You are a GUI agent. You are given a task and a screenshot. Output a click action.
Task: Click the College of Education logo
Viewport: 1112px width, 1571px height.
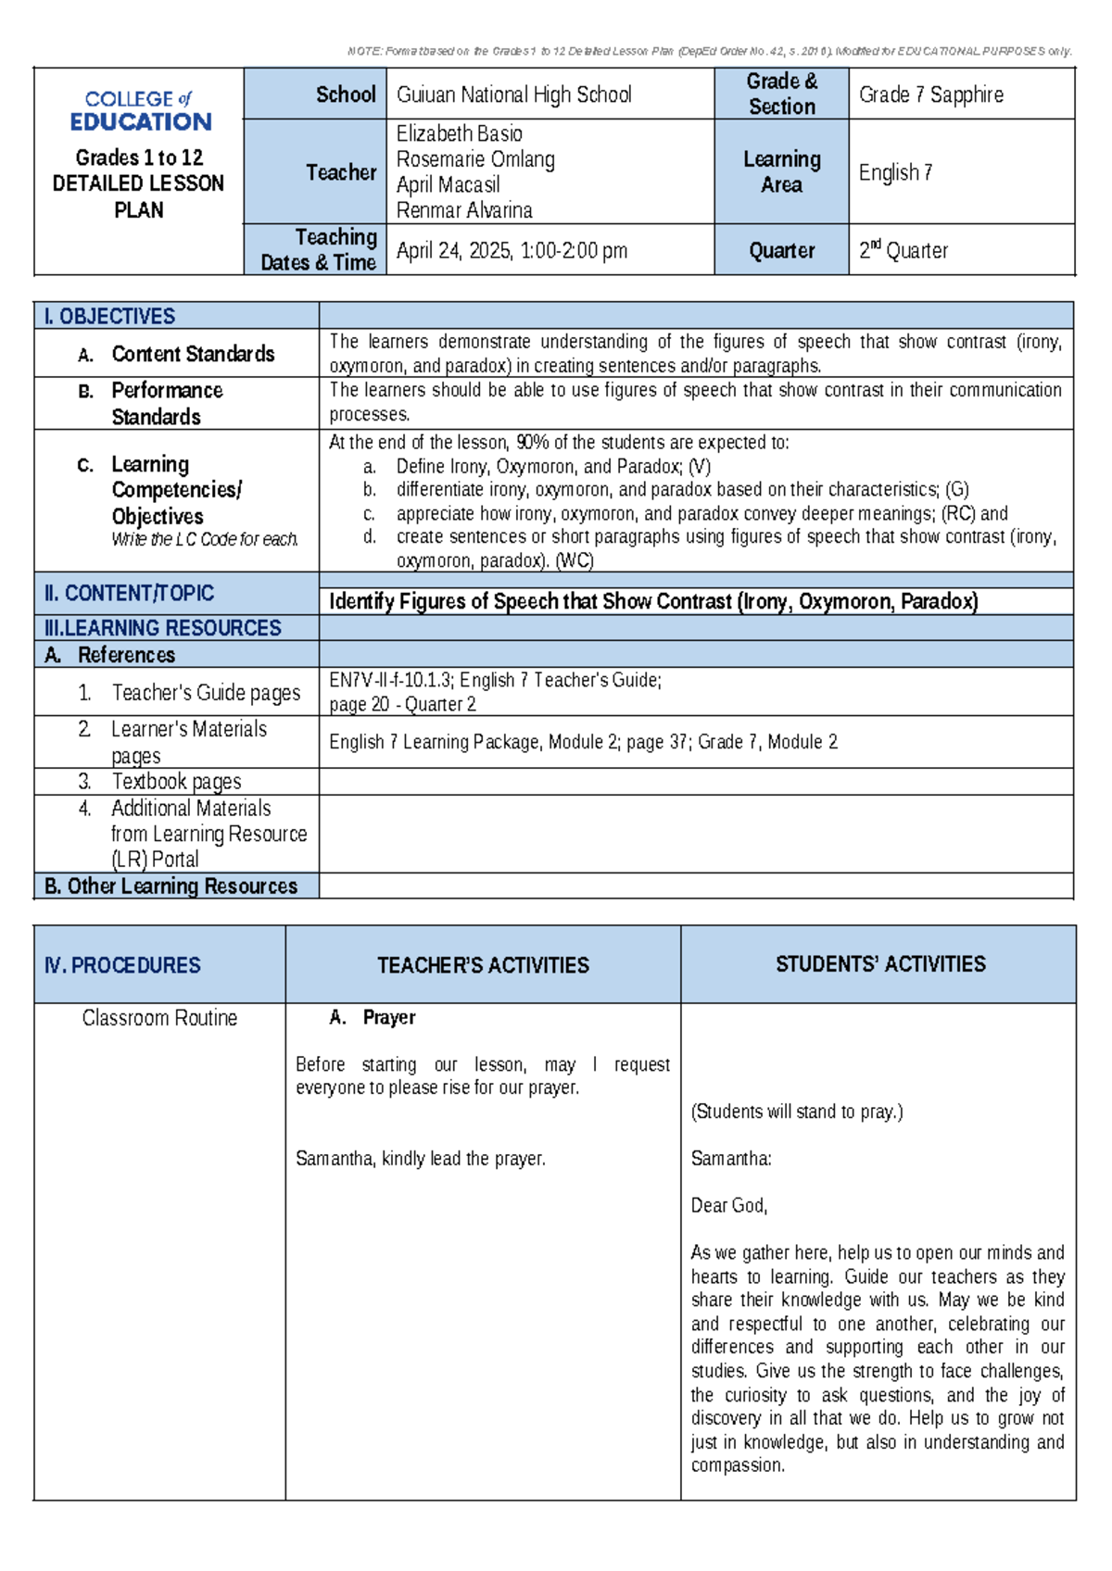pos(139,110)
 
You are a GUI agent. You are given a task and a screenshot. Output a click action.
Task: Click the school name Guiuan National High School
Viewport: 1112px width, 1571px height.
pos(513,94)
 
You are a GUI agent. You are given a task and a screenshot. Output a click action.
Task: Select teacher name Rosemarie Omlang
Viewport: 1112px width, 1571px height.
pos(474,159)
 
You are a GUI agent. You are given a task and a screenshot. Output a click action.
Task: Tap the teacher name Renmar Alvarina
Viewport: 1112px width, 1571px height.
pos(463,210)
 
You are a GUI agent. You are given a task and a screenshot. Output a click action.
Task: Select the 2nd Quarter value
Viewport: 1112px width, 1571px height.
pos(903,250)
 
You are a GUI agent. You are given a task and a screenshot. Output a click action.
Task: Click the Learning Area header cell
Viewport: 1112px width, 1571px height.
pos(781,171)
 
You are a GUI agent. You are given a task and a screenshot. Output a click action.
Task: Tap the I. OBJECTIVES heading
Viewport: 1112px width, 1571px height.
pos(109,316)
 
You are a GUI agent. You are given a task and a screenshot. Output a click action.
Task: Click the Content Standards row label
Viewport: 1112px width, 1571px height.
pos(192,354)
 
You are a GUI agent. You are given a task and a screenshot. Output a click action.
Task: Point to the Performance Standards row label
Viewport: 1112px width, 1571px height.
pos(167,403)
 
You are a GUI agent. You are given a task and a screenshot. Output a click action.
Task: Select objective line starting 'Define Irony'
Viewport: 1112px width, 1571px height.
pos(553,466)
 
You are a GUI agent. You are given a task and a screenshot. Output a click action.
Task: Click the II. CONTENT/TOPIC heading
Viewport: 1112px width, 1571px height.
pos(129,593)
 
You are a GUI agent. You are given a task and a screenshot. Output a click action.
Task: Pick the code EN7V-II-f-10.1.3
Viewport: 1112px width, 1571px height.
pos(389,680)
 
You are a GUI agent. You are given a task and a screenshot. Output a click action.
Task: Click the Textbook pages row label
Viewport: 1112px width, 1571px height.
pos(176,782)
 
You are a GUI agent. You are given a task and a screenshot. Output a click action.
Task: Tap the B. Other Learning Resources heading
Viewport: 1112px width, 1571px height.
pos(171,886)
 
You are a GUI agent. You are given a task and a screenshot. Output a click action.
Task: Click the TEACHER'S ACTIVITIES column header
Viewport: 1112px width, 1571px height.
pos(483,965)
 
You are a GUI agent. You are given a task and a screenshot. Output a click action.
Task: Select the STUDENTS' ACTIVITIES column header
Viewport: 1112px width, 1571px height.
pos(879,964)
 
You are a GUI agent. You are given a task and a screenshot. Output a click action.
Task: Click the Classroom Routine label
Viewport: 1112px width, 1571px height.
pos(159,1018)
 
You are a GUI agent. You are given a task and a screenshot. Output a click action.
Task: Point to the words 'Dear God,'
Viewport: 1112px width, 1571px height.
pos(728,1205)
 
